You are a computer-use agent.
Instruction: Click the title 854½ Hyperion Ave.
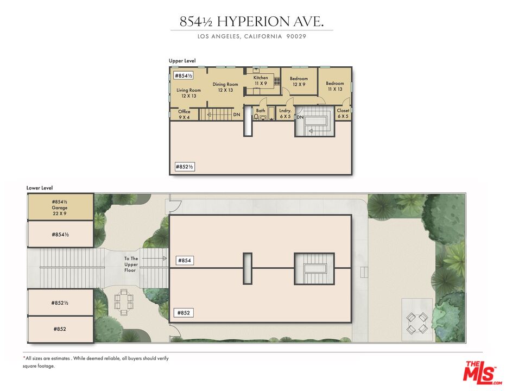point(252,22)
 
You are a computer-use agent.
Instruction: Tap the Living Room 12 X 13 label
point(188,93)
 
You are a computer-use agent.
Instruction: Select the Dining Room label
point(225,87)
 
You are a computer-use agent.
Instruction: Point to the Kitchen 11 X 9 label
point(261,80)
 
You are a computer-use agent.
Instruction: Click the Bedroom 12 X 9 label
point(299,81)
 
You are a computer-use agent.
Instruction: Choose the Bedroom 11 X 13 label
point(334,86)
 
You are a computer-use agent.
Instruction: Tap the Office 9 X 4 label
point(184,114)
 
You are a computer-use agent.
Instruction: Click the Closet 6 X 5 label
point(343,113)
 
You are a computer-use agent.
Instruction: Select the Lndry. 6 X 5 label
point(286,113)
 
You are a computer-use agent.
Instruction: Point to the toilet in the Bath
point(257,117)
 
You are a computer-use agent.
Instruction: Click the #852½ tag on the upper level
point(185,167)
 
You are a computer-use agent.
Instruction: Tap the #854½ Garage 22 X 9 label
point(60,207)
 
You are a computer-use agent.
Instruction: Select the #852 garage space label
point(60,329)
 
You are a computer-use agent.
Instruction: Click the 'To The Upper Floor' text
point(131,264)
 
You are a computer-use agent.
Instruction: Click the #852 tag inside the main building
point(184,313)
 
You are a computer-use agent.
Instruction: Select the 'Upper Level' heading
point(182,61)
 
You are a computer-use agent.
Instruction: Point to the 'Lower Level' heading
point(40,188)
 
